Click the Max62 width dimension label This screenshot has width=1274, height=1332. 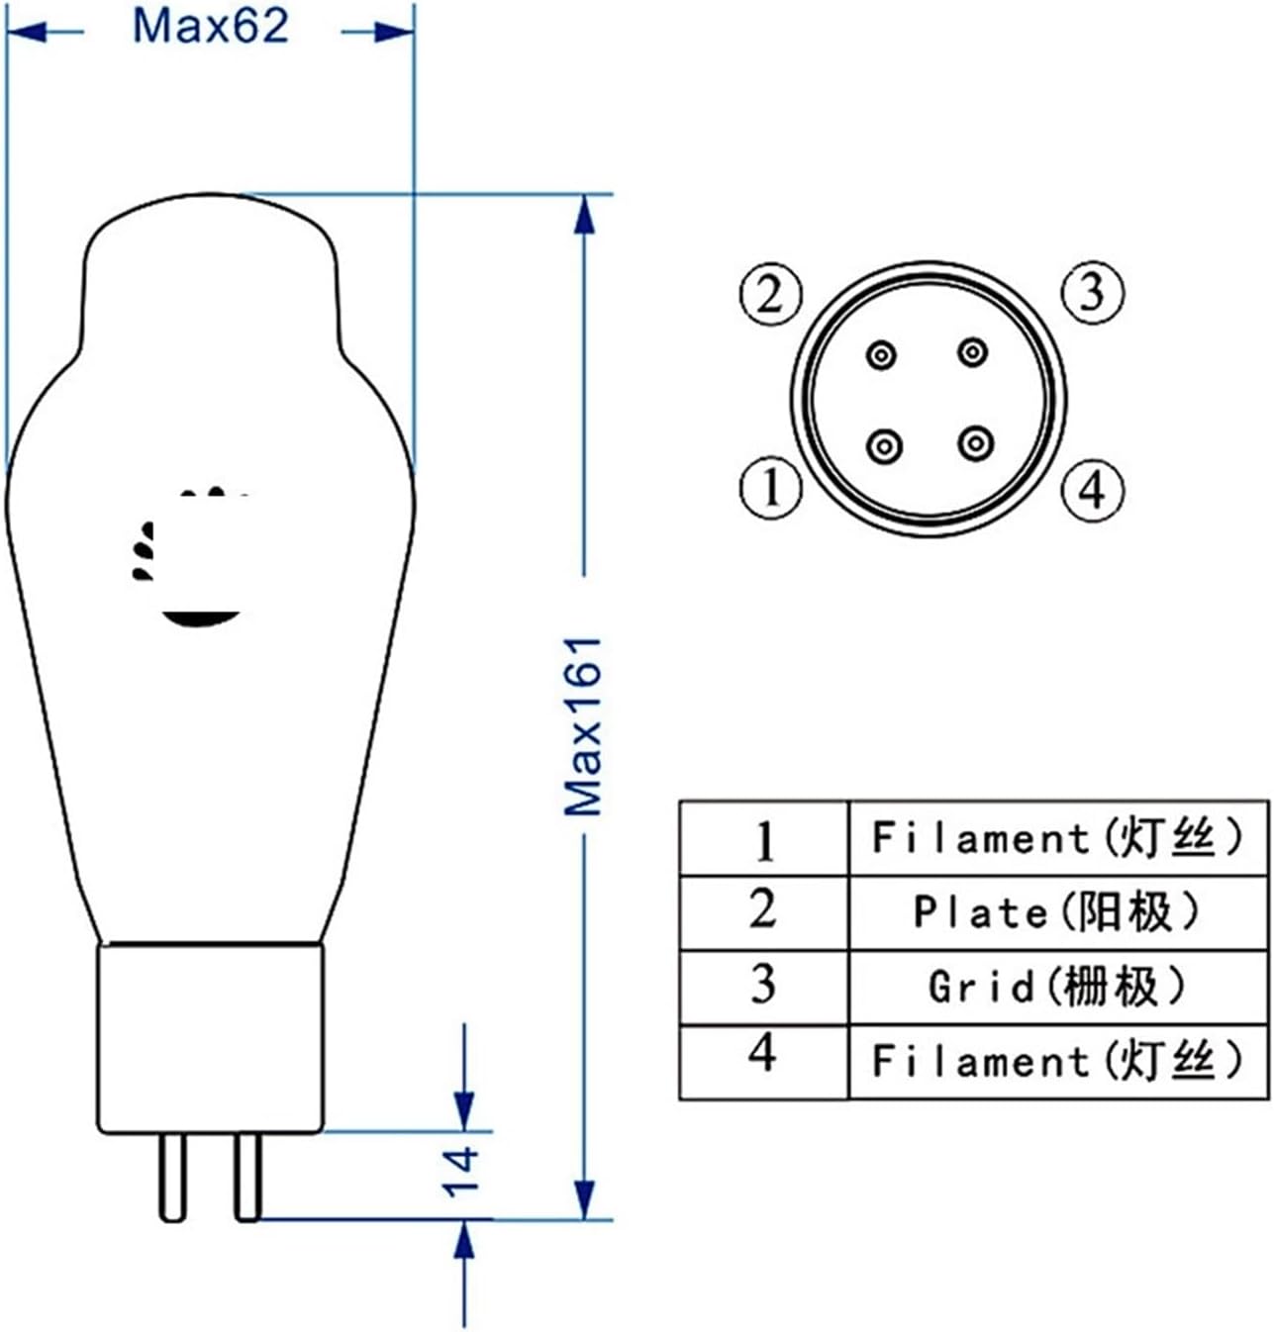pyautogui.click(x=210, y=27)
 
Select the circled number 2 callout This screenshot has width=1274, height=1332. pyautogui.click(x=770, y=294)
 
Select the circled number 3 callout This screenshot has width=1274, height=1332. pyautogui.click(x=1093, y=292)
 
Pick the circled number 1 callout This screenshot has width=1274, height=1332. pyautogui.click(x=770, y=487)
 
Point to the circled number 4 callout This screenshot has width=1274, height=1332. pyautogui.click(x=1093, y=489)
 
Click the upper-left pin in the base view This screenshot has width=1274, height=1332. pyautogui.click(x=881, y=354)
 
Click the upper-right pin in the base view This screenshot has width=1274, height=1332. pyautogui.click(x=973, y=351)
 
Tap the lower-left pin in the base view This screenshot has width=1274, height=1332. pyautogui.click(x=884, y=446)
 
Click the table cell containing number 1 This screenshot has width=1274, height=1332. pyautogui.click(x=763, y=839)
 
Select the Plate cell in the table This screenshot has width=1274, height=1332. pyautogui.click(x=1057, y=912)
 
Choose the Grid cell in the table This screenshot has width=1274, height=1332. pyautogui.click(x=1057, y=987)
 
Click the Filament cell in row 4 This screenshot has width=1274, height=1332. pyautogui.click(x=1057, y=1062)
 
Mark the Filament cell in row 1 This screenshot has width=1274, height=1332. pyautogui.click(x=1057, y=838)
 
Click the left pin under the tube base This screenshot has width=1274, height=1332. pyautogui.click(x=172, y=1177)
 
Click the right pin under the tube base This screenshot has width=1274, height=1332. pyautogui.click(x=247, y=1177)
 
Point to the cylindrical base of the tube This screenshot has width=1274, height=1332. pyautogui.click(x=210, y=1039)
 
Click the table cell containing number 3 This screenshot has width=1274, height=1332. pyautogui.click(x=763, y=986)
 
